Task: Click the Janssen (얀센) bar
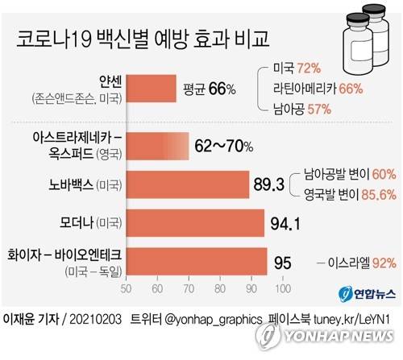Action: coord(151,89)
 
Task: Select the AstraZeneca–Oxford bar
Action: coord(157,146)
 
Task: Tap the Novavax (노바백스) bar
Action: coord(188,184)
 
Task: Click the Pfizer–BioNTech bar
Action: coord(197,261)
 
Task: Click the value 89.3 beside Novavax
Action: coord(268,185)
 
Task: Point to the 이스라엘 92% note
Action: coord(355,261)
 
